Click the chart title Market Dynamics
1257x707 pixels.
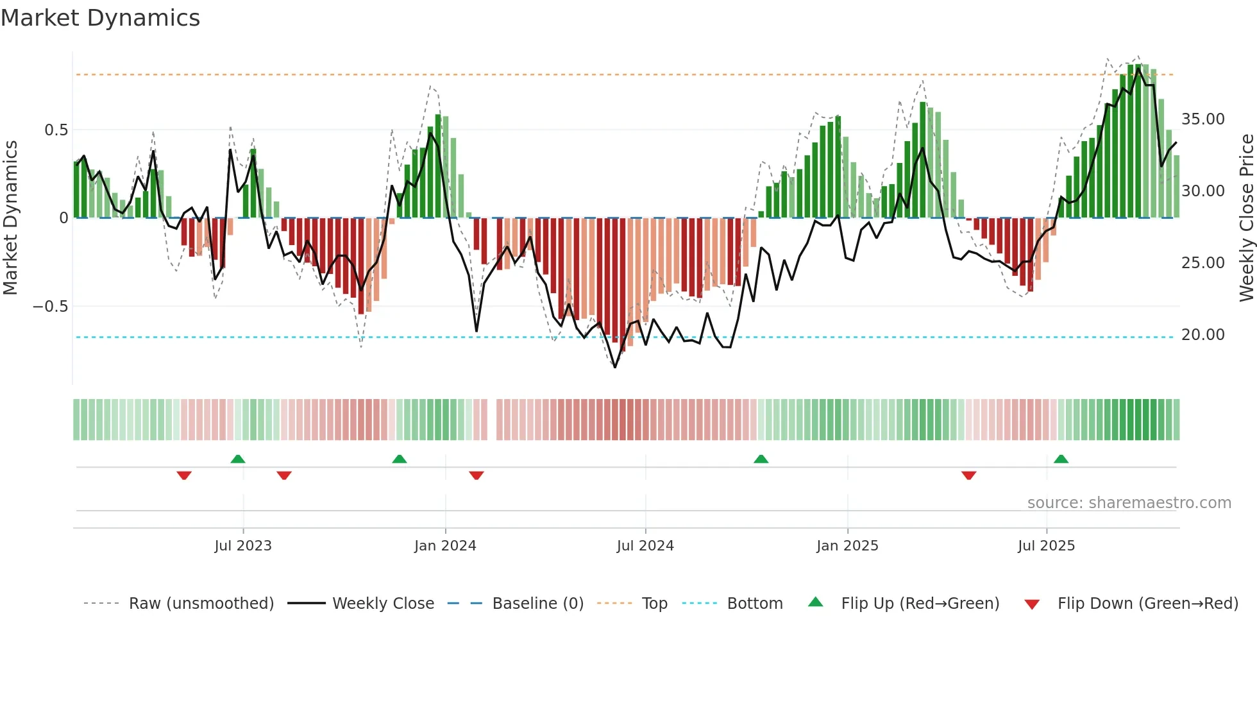(x=100, y=18)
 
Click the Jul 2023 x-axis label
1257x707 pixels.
(x=243, y=546)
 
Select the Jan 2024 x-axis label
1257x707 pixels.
(x=445, y=546)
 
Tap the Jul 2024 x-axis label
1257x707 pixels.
(x=645, y=546)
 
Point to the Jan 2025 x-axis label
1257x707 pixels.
(x=847, y=546)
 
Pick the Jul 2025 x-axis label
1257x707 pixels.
(x=1046, y=546)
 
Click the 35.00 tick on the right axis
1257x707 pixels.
(x=1202, y=119)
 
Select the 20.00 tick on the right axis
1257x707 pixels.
(x=1202, y=335)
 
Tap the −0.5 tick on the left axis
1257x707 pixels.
(x=51, y=307)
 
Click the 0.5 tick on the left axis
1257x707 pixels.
(x=56, y=130)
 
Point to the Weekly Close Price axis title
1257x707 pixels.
(x=1246, y=217)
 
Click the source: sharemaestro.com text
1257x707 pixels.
(x=1129, y=503)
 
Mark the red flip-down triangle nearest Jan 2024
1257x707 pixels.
(x=476, y=475)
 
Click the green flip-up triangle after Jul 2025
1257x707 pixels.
(x=1061, y=459)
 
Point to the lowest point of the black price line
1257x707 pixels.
(x=615, y=367)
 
